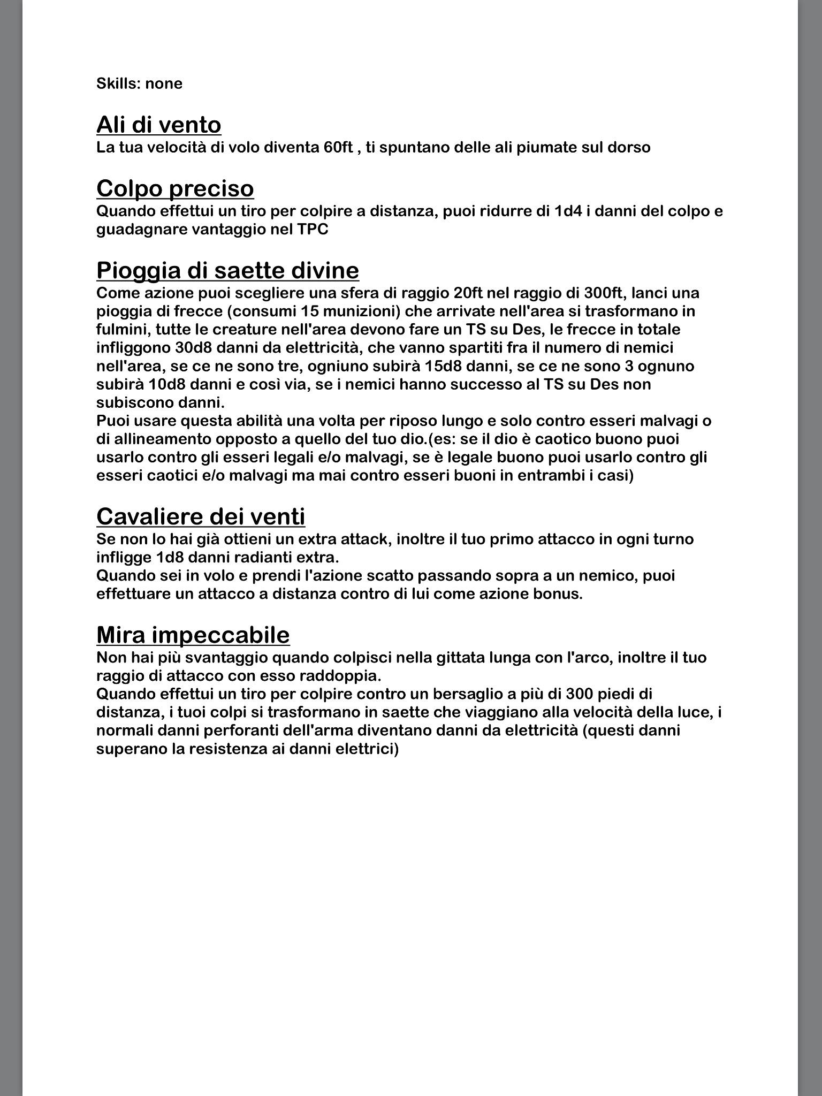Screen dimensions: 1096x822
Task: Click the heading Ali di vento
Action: (158, 125)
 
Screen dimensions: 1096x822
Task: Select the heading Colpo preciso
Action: (175, 188)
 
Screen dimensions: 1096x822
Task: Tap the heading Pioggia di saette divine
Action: (227, 270)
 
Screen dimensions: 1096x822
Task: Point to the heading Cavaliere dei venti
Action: (201, 516)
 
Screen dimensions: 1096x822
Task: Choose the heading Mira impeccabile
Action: (193, 635)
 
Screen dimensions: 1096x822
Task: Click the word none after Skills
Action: (164, 83)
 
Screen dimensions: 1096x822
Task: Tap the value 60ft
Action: (338, 147)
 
